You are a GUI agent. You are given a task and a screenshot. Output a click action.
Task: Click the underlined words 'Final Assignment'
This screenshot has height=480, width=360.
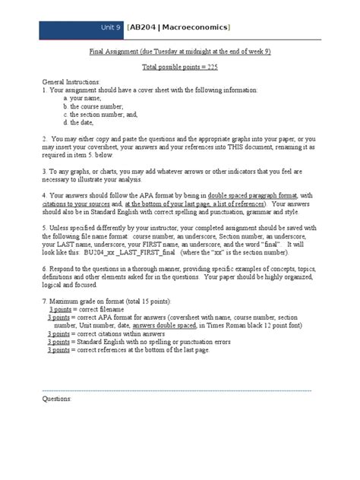pos(113,52)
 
